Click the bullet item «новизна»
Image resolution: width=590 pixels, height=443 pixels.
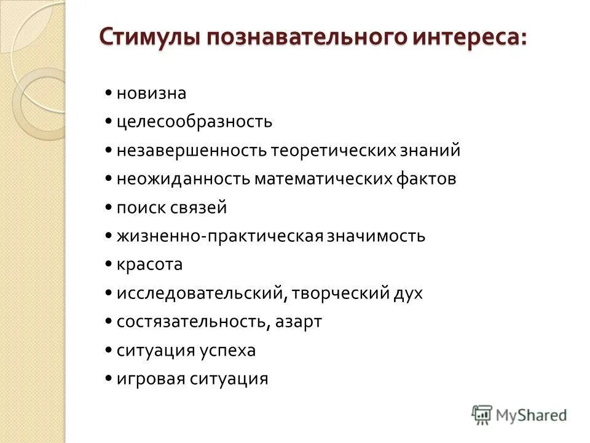151,94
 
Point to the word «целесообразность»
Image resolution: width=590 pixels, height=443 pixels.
194,122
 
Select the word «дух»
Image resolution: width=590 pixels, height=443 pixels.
407,293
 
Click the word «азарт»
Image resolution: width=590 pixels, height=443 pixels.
298,322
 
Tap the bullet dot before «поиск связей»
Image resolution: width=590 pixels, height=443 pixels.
108,207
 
